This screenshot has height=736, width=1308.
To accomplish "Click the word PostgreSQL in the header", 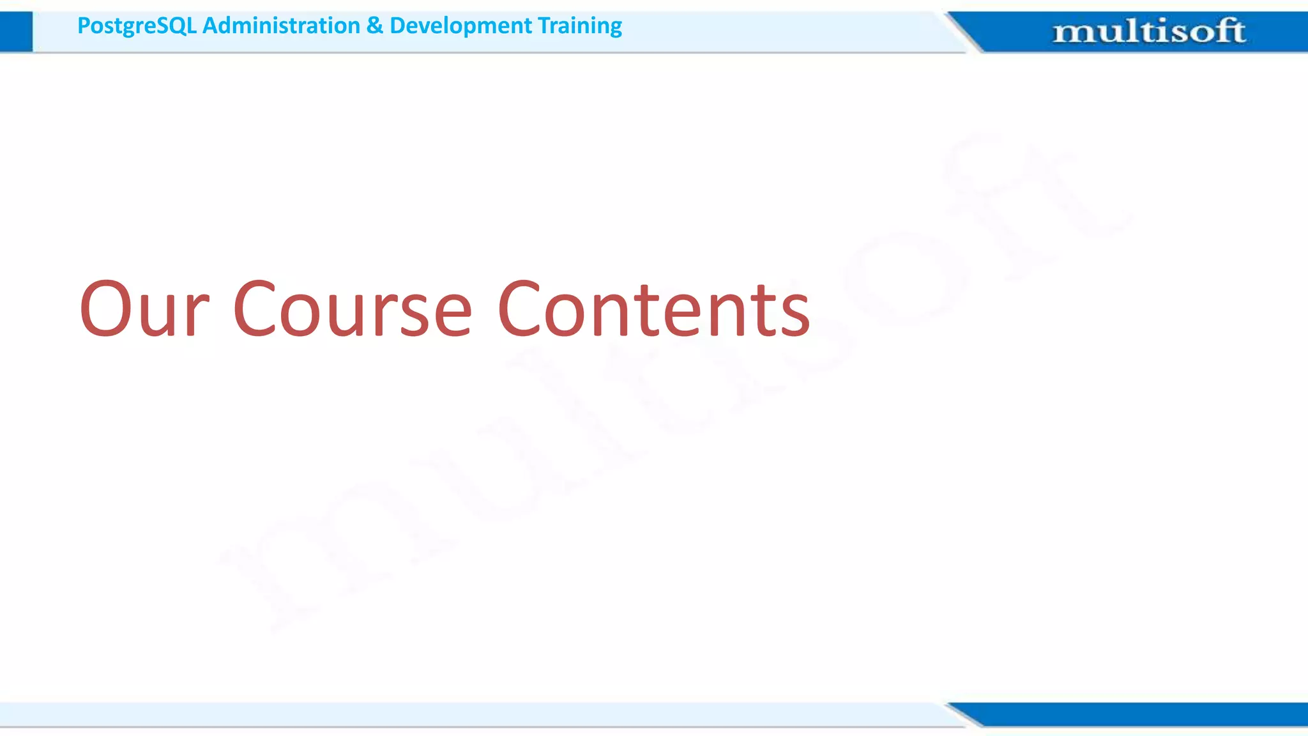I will pyautogui.click(x=136, y=26).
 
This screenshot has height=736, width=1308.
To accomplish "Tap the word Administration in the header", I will pyautogui.click(x=281, y=26).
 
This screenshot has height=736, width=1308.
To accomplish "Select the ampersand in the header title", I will pyautogui.click(x=375, y=26).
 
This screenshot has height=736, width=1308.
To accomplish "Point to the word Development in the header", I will pyautogui.click(x=460, y=26).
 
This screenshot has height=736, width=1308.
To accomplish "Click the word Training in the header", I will pyautogui.click(x=579, y=26).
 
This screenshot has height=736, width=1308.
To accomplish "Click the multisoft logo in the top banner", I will pyautogui.click(x=1149, y=31).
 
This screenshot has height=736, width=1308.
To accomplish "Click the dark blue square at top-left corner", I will pyautogui.click(x=16, y=31).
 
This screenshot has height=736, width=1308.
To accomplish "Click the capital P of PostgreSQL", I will pyautogui.click(x=84, y=26).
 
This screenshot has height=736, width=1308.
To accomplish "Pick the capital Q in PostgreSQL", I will pyautogui.click(x=174, y=26).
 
